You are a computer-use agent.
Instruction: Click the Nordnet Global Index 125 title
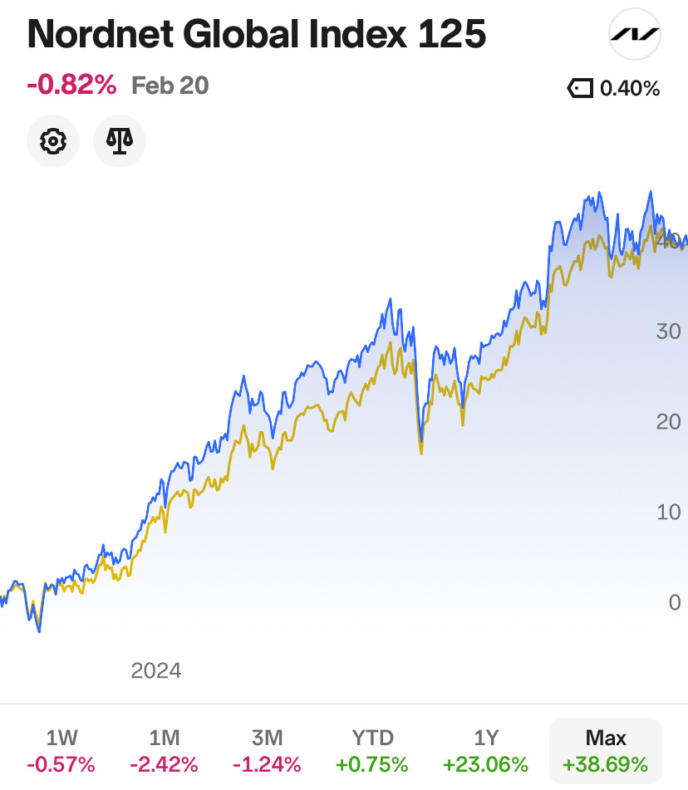click(x=256, y=35)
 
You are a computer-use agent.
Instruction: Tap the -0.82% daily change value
click(x=71, y=85)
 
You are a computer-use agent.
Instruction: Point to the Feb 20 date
click(x=170, y=86)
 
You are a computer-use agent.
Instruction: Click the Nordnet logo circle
click(x=635, y=35)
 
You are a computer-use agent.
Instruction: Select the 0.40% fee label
click(x=630, y=89)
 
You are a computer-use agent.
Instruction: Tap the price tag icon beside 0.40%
click(x=580, y=89)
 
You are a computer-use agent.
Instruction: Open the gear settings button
click(x=53, y=141)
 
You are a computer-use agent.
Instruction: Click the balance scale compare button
click(x=120, y=141)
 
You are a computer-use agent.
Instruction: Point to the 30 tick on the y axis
click(x=668, y=331)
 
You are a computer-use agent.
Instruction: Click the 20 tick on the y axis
click(x=668, y=422)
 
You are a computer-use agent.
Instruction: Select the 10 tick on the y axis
click(x=668, y=512)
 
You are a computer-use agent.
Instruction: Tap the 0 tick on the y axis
click(x=675, y=602)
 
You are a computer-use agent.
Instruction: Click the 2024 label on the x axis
click(x=156, y=670)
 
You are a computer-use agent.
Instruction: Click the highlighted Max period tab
click(x=606, y=751)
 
